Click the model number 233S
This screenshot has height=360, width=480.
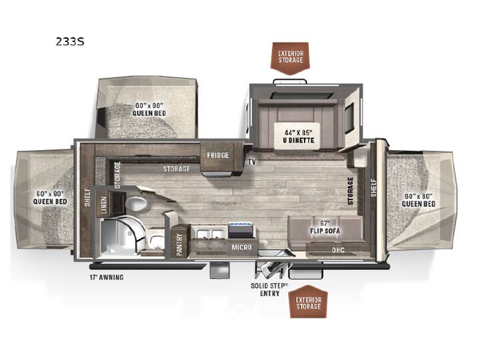point(70,41)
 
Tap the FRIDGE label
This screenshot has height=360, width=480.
point(217,155)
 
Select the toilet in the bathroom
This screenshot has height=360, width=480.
point(136,203)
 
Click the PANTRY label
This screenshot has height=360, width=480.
point(179,245)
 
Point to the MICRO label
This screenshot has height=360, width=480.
point(241,247)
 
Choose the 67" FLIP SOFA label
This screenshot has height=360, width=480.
point(325,227)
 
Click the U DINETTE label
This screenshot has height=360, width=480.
point(299,140)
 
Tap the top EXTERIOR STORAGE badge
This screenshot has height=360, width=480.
point(291,58)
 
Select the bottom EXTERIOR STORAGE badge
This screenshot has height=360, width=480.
point(308,302)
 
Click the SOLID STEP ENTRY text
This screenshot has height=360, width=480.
point(269,289)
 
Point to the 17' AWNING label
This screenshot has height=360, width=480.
point(107,277)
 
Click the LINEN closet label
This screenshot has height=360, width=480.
point(104,205)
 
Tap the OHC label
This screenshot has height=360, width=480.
point(338,251)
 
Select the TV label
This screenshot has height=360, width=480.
point(251,161)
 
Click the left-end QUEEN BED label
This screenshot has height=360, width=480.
point(50,198)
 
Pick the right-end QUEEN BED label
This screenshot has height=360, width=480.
point(419,200)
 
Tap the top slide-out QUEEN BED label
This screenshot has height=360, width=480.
point(149,109)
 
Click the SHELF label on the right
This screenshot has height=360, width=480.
point(373,187)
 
